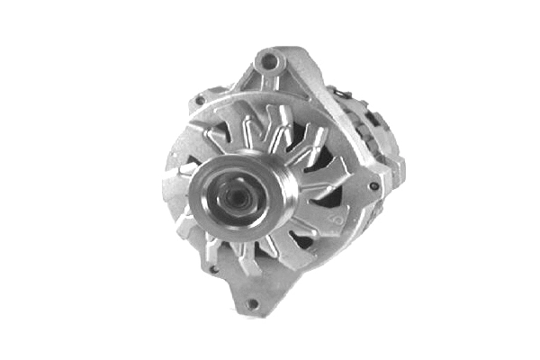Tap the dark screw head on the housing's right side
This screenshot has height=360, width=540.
coord(373,187)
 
